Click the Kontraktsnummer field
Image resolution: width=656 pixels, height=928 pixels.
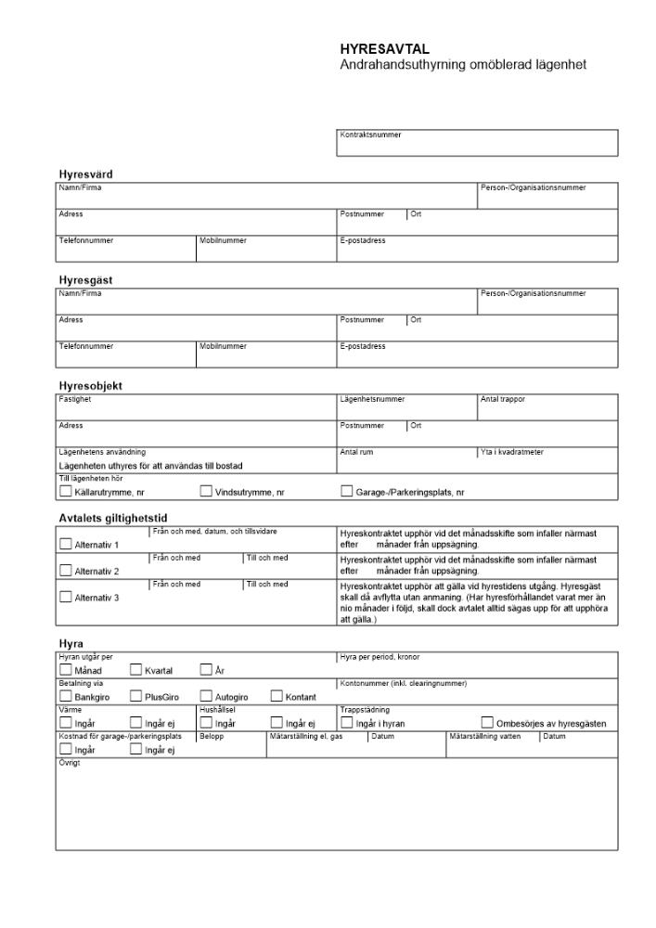point(477,144)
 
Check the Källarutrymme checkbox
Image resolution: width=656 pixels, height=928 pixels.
point(65,491)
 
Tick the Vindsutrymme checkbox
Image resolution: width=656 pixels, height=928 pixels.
point(206,491)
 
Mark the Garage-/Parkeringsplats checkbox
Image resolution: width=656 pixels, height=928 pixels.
point(347,491)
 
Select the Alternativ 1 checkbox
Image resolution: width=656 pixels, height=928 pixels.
point(65,544)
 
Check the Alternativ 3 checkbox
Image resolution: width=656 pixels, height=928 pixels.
point(65,597)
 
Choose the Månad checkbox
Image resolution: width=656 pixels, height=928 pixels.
point(65,669)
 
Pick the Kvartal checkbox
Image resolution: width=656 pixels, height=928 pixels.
point(135,669)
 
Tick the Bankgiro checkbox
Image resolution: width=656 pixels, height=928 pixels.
point(65,696)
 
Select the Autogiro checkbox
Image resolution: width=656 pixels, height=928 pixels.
point(206,696)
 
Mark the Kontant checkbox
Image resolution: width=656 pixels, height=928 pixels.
point(277,696)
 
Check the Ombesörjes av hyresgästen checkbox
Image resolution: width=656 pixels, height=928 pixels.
point(487,723)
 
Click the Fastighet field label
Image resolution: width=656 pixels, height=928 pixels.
point(75,399)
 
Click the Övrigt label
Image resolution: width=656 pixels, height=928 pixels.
point(70,762)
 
